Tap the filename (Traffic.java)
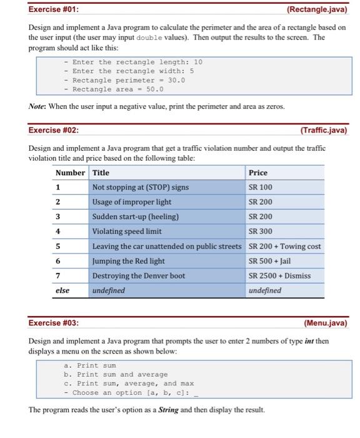pyautogui.click(x=323, y=130)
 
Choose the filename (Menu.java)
pyautogui.click(x=325, y=323)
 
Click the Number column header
pyautogui.click(x=70, y=173)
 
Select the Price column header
pyautogui.click(x=258, y=173)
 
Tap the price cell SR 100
pyautogui.click(x=261, y=187)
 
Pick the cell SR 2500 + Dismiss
pyautogui.click(x=279, y=276)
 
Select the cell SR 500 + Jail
pyautogui.click(x=269, y=261)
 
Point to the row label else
pyautogui.click(x=62, y=290)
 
